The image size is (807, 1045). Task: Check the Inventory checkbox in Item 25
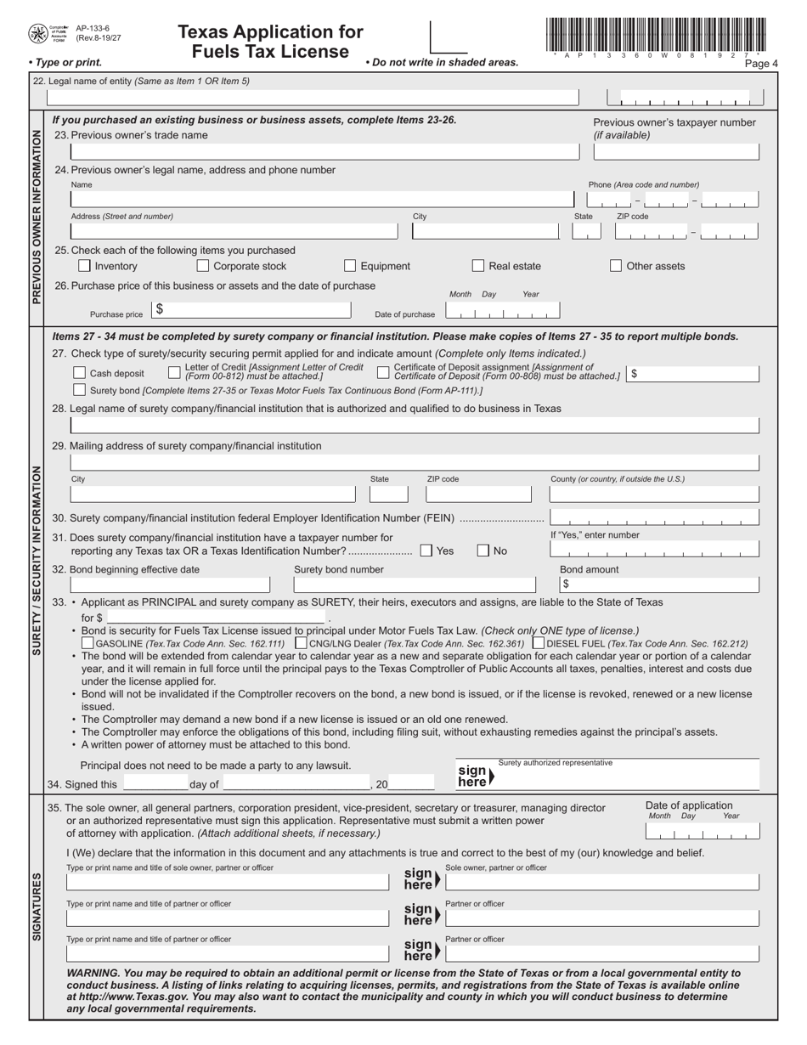(84, 266)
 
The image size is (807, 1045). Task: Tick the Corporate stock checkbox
(203, 266)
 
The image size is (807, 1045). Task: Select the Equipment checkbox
(350, 266)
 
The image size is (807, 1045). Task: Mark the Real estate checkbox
(478, 266)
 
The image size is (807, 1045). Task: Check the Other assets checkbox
(616, 266)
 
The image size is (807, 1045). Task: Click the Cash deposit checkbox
(79, 373)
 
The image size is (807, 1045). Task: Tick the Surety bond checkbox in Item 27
(79, 390)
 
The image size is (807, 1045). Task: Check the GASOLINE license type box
(87, 644)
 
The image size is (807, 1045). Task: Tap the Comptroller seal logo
(38, 34)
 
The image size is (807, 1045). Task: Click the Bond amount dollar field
(658, 585)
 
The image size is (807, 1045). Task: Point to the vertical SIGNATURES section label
(37, 906)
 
